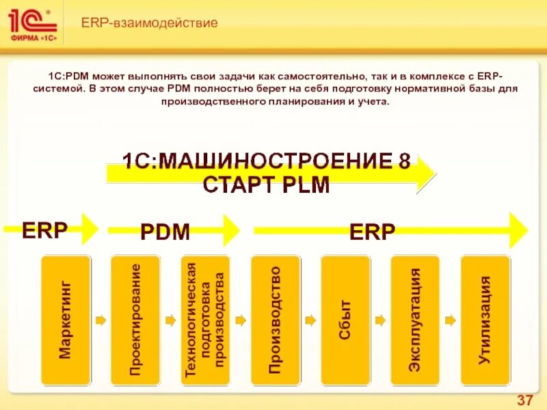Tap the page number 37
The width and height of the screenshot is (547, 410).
coord(524,400)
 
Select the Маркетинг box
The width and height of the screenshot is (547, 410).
coord(66,319)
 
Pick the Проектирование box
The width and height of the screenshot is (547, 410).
coord(135,319)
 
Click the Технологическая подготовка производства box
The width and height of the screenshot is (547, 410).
coord(205,319)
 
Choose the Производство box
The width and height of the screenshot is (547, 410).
coord(276,319)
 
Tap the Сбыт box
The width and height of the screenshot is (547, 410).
coord(345,319)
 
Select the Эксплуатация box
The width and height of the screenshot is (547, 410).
coord(415,319)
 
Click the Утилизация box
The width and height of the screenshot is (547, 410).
coord(485,319)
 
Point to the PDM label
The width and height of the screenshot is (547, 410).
coord(165,232)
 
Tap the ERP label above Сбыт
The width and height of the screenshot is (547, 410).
coord(372,232)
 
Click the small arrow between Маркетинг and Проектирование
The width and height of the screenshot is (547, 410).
coord(101,319)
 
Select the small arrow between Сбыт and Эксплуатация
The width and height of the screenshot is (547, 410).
coord(380,319)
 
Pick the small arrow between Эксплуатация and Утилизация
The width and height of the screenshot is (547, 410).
coord(450,319)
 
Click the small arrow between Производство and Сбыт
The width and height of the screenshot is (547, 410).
coord(310,319)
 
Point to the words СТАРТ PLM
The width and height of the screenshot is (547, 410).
coord(266,185)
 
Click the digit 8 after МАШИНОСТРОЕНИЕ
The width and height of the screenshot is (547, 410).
coord(404,162)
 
